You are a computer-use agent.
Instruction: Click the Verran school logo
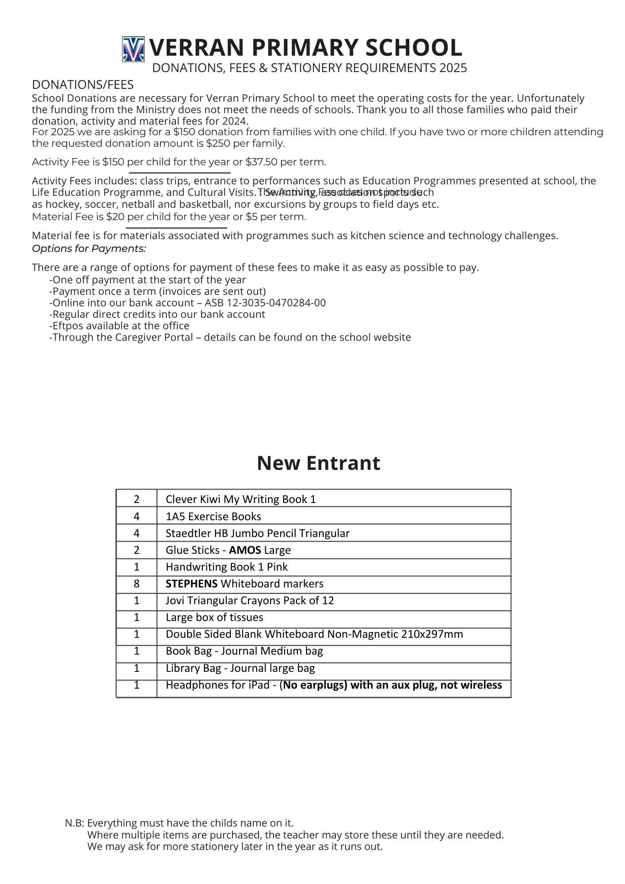click(133, 49)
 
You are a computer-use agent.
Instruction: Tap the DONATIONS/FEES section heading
click(83, 85)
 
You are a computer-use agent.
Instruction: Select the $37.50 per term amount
click(261, 162)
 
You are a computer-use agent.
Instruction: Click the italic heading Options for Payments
click(89, 248)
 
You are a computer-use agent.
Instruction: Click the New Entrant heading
click(318, 463)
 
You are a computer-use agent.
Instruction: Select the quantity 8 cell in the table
click(137, 584)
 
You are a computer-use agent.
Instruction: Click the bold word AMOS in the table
click(245, 550)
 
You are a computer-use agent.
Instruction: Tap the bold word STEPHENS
click(191, 584)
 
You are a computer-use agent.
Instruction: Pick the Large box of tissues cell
click(214, 617)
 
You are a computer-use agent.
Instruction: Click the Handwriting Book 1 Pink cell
click(226, 567)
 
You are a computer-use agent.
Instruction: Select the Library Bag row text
click(240, 668)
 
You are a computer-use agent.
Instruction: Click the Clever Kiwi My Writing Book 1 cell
click(240, 499)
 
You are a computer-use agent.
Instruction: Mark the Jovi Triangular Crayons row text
click(250, 601)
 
